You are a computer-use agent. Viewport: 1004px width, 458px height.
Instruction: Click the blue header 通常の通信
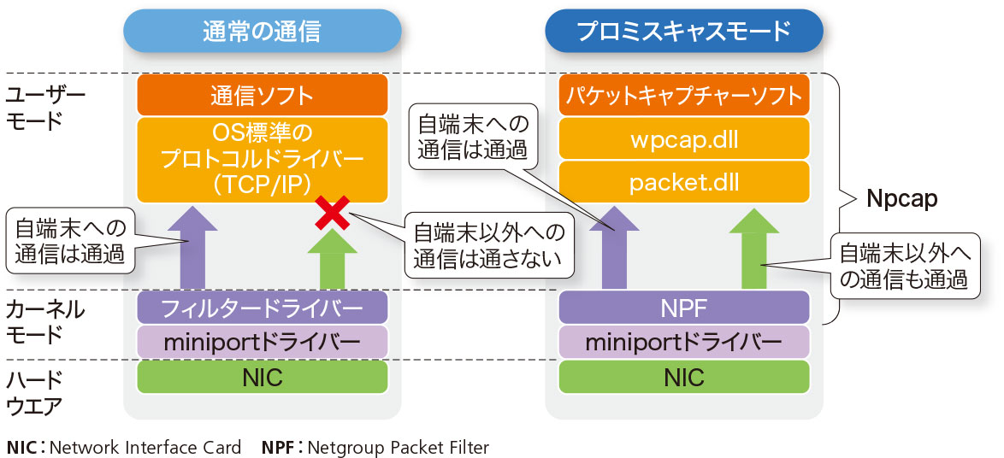(x=262, y=32)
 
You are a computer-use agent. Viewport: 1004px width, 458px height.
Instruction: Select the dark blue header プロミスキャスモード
(x=683, y=32)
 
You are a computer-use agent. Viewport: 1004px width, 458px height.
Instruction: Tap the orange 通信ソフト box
(x=262, y=95)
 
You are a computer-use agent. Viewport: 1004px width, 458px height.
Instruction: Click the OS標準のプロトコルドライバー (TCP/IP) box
(x=262, y=160)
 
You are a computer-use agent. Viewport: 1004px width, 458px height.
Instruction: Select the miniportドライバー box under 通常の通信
(x=262, y=342)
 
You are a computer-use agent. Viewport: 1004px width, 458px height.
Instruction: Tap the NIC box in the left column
(x=262, y=377)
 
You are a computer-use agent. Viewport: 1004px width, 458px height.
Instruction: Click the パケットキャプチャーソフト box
(x=683, y=95)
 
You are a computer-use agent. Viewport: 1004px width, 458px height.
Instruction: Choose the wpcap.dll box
(x=683, y=138)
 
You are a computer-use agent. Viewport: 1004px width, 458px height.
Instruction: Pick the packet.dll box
(x=683, y=182)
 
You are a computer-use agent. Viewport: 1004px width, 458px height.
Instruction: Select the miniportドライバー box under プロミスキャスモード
(x=683, y=342)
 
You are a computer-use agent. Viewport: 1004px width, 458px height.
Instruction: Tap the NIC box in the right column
(x=683, y=377)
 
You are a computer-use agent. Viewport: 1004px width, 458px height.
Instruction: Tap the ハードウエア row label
(x=34, y=392)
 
